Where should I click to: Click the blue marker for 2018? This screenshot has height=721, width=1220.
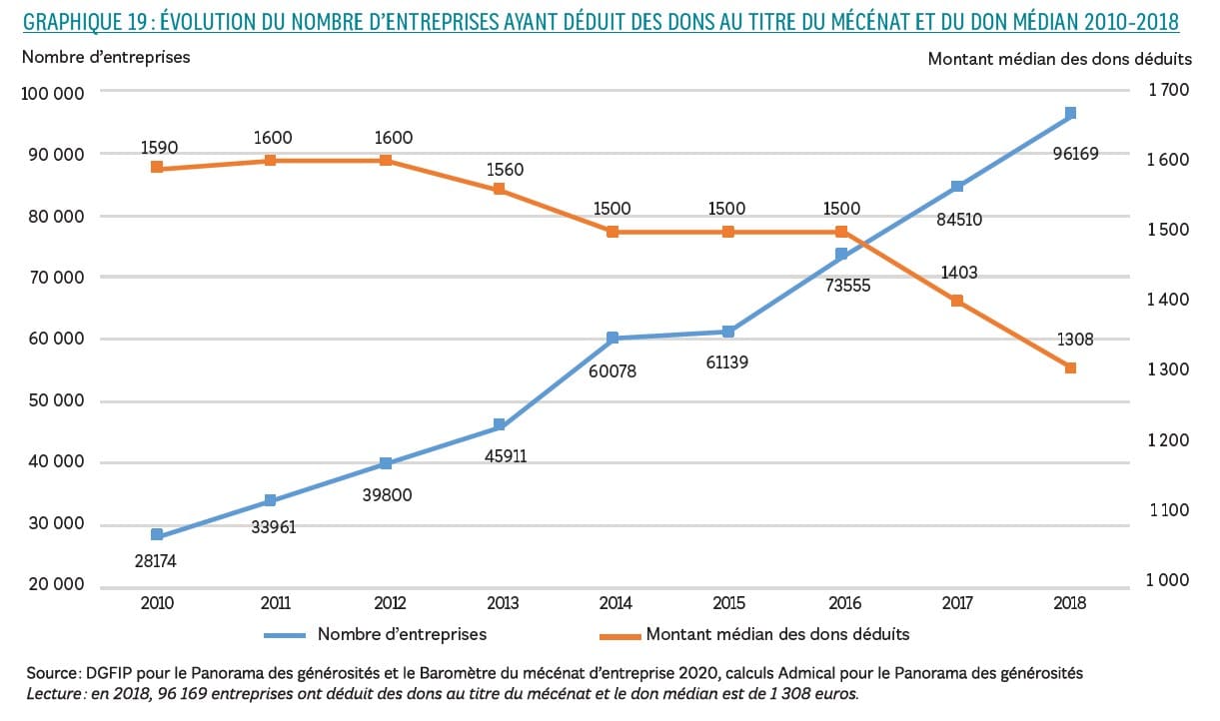(x=1070, y=113)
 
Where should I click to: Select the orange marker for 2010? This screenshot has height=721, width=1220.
(x=157, y=167)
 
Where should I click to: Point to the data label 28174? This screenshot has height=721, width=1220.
(x=155, y=561)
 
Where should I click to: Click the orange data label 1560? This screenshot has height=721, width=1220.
(x=504, y=170)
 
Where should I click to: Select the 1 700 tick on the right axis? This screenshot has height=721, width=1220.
(x=1168, y=91)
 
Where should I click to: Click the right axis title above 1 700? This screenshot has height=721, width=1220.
(x=1059, y=58)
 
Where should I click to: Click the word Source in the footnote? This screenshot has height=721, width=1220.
(x=44, y=673)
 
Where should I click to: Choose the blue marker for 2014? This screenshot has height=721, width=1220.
(x=612, y=339)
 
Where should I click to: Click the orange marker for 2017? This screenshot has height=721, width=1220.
(x=956, y=301)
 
